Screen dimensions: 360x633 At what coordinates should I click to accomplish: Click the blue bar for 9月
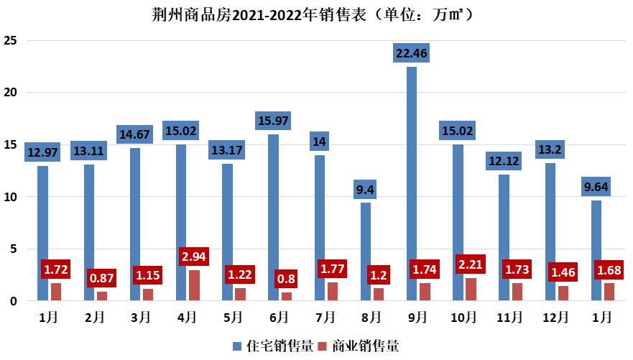click(412, 183)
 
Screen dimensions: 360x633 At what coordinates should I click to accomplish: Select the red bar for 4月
click(194, 285)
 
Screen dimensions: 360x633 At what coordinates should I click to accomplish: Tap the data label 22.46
click(412, 52)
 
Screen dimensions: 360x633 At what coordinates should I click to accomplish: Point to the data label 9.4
click(366, 190)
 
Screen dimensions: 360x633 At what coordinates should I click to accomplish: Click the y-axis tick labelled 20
click(11, 93)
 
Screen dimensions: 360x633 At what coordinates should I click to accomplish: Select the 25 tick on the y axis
click(11, 40)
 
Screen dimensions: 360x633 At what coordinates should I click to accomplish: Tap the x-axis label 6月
click(279, 317)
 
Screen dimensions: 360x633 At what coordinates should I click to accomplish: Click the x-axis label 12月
click(556, 317)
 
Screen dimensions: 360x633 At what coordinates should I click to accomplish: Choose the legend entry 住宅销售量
click(273, 346)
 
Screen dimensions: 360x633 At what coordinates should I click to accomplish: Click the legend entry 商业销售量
click(359, 346)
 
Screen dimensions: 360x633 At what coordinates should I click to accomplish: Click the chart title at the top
click(315, 14)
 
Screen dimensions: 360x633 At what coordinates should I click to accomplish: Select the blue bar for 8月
click(366, 251)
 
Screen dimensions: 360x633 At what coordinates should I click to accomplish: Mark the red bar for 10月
click(471, 289)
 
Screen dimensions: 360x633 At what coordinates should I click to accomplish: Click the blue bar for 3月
click(135, 224)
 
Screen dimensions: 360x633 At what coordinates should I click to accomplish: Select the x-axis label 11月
click(510, 317)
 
